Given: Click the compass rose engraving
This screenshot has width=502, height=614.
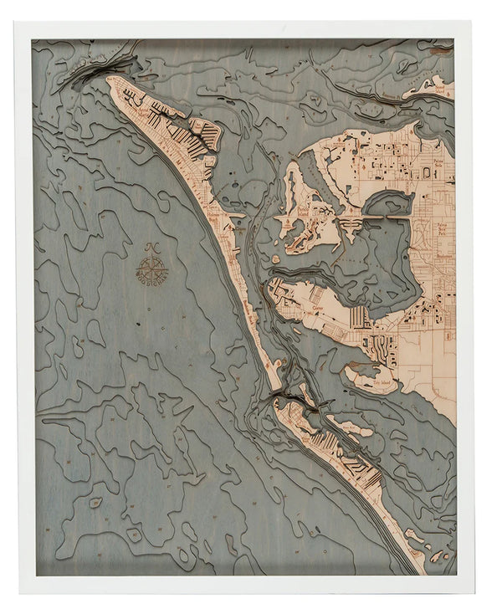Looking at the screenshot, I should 152,267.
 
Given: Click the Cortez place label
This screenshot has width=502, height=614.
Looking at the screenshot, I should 317,307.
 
